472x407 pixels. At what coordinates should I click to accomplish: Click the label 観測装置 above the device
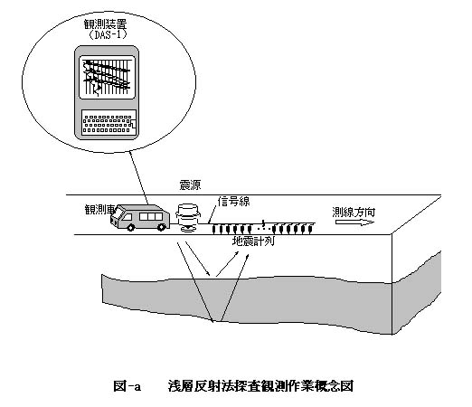tap(106, 24)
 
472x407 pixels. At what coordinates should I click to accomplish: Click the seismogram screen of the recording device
tap(107, 77)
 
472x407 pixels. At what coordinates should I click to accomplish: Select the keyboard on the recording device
tap(109, 122)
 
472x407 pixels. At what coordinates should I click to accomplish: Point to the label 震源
tap(190, 185)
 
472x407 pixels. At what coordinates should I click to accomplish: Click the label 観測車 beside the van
tap(100, 209)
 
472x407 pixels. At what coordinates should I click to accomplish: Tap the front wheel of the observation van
tap(131, 228)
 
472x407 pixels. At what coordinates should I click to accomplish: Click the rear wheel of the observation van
tap(162, 227)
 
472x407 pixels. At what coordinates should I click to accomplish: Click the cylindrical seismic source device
tap(188, 218)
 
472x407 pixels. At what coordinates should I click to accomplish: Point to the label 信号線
tap(234, 202)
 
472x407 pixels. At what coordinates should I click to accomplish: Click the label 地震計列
tap(253, 241)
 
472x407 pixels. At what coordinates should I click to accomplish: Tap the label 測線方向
tap(354, 213)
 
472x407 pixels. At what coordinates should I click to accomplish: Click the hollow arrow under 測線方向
tap(354, 222)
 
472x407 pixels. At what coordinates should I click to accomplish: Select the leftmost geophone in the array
tap(214, 230)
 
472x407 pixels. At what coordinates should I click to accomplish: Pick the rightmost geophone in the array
tap(311, 230)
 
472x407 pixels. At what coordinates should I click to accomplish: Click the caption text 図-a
tap(127, 386)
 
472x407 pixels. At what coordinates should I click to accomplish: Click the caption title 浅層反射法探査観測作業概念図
tap(260, 386)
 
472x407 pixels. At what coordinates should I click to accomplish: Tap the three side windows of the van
tap(151, 216)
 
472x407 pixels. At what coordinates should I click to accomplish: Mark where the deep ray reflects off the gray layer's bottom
tap(213, 322)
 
